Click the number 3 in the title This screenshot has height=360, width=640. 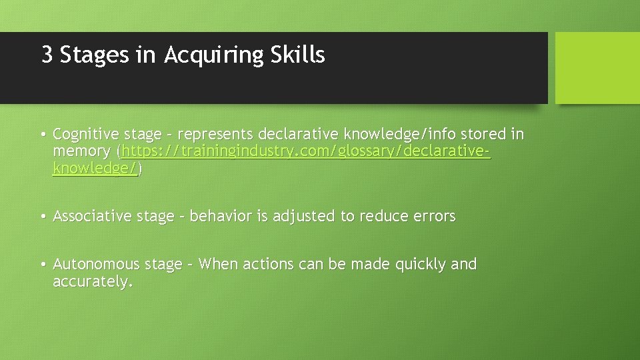(x=47, y=55)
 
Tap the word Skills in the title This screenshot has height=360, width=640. (x=298, y=55)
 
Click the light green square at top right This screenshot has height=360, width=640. (x=597, y=68)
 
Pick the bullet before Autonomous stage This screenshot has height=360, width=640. (x=42, y=265)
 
